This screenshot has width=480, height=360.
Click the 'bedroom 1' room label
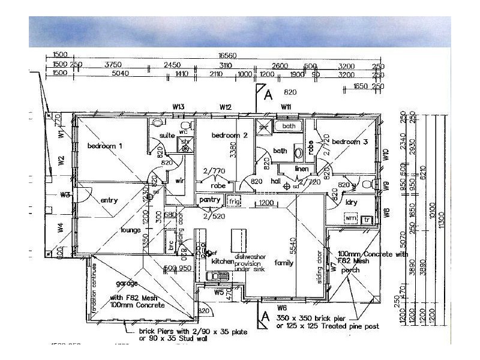pos(105,146)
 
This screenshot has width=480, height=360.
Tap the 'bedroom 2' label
pos(230,136)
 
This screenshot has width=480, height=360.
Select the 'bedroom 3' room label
pos(350,142)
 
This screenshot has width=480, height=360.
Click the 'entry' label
pos(109,200)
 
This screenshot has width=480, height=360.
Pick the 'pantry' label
pos(211,199)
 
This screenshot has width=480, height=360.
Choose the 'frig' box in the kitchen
pos(234,200)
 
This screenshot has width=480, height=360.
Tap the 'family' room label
pos(284,263)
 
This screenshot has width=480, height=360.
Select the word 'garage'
pos(127,283)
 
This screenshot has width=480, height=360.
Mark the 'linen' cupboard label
pos(301,169)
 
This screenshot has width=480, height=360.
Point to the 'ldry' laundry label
pos(352,202)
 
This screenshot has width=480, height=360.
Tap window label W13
pos(178,107)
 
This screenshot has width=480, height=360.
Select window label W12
pos(226,107)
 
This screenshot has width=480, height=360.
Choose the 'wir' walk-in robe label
pos(179,180)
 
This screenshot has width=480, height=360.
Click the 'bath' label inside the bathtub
pos(289,127)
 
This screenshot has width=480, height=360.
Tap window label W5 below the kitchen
pos(219,293)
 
